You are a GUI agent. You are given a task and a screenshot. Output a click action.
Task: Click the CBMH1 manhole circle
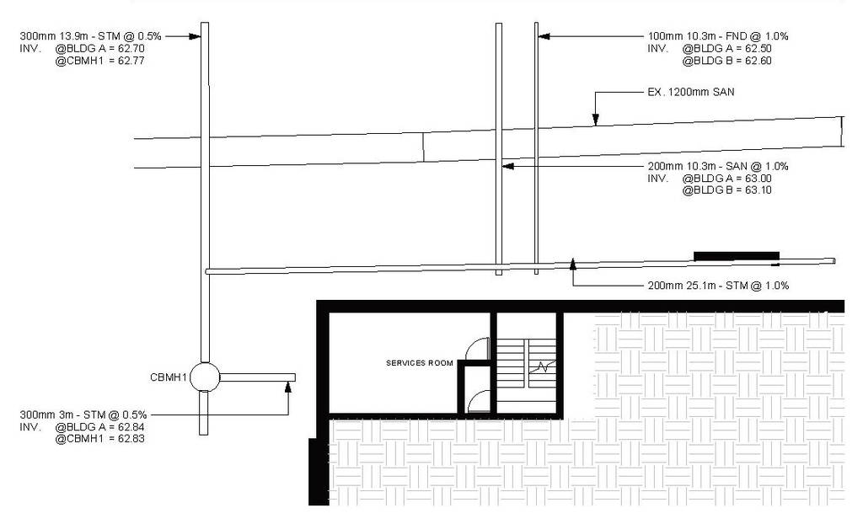204,377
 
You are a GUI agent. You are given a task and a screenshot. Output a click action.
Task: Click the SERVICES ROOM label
419,363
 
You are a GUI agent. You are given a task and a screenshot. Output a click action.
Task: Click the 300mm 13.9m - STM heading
91,36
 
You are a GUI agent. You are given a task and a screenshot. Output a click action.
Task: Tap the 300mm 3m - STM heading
83,414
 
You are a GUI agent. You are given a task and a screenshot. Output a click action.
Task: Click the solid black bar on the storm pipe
736,255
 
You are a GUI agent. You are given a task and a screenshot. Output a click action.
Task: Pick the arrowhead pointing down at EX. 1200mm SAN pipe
595,120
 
